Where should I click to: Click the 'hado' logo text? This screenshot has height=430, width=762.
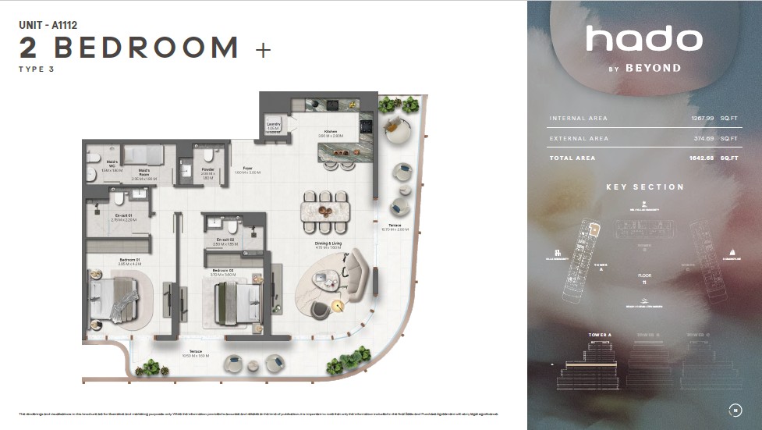(x=643, y=39)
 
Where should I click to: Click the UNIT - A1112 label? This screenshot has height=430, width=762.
(x=48, y=25)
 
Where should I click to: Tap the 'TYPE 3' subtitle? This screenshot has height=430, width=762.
(x=37, y=69)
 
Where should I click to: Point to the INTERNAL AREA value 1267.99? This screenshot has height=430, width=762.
(x=702, y=119)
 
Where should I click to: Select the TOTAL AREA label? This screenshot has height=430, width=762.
(x=572, y=158)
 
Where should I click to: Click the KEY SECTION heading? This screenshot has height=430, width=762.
(x=644, y=187)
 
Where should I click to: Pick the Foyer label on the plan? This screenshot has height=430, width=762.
(x=248, y=168)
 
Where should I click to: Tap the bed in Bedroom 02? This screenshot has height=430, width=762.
(x=235, y=300)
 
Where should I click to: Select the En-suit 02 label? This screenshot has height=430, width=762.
(x=223, y=240)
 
